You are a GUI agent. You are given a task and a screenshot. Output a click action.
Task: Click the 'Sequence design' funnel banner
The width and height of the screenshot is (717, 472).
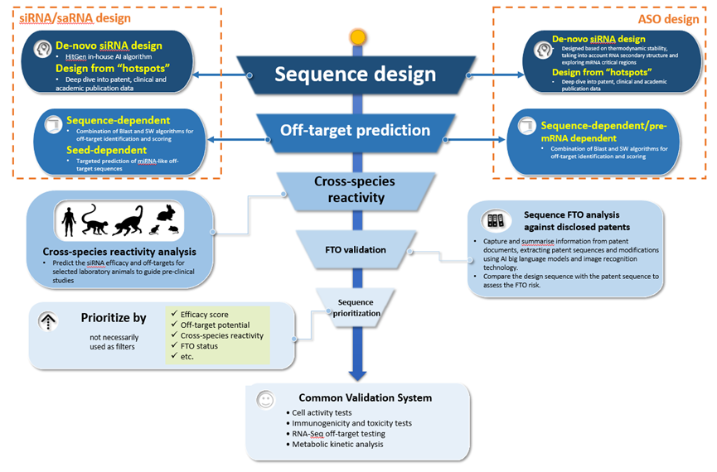pyautogui.click(x=356, y=75)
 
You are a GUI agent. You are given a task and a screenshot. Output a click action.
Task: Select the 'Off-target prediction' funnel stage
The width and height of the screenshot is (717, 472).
pyautogui.click(x=355, y=130)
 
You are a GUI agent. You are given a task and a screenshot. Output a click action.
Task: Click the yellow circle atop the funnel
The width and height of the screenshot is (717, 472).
pyautogui.click(x=357, y=37)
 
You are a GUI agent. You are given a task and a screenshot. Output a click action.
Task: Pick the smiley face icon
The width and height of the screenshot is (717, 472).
pyautogui.click(x=265, y=398)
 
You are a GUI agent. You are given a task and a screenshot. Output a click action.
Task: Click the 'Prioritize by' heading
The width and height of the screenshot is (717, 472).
pyautogui.click(x=114, y=316)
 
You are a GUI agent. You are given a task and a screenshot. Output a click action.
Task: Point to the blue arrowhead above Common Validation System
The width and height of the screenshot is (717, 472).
pyautogui.click(x=357, y=374)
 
